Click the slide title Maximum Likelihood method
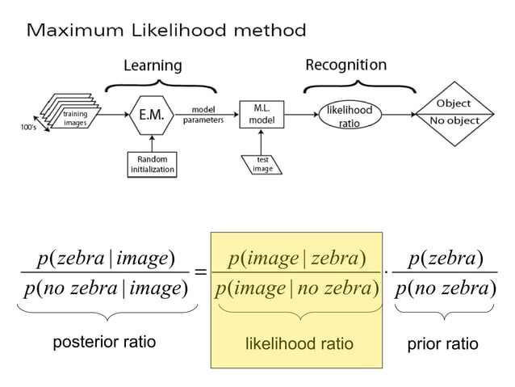167,31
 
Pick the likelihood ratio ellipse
349,116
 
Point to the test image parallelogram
262,164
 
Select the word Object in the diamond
454,104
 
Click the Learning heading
153,65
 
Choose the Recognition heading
345,64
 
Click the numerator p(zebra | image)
107,258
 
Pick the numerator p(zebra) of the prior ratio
445,258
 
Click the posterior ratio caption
104,344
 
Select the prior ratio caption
442,344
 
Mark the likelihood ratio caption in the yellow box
299,344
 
